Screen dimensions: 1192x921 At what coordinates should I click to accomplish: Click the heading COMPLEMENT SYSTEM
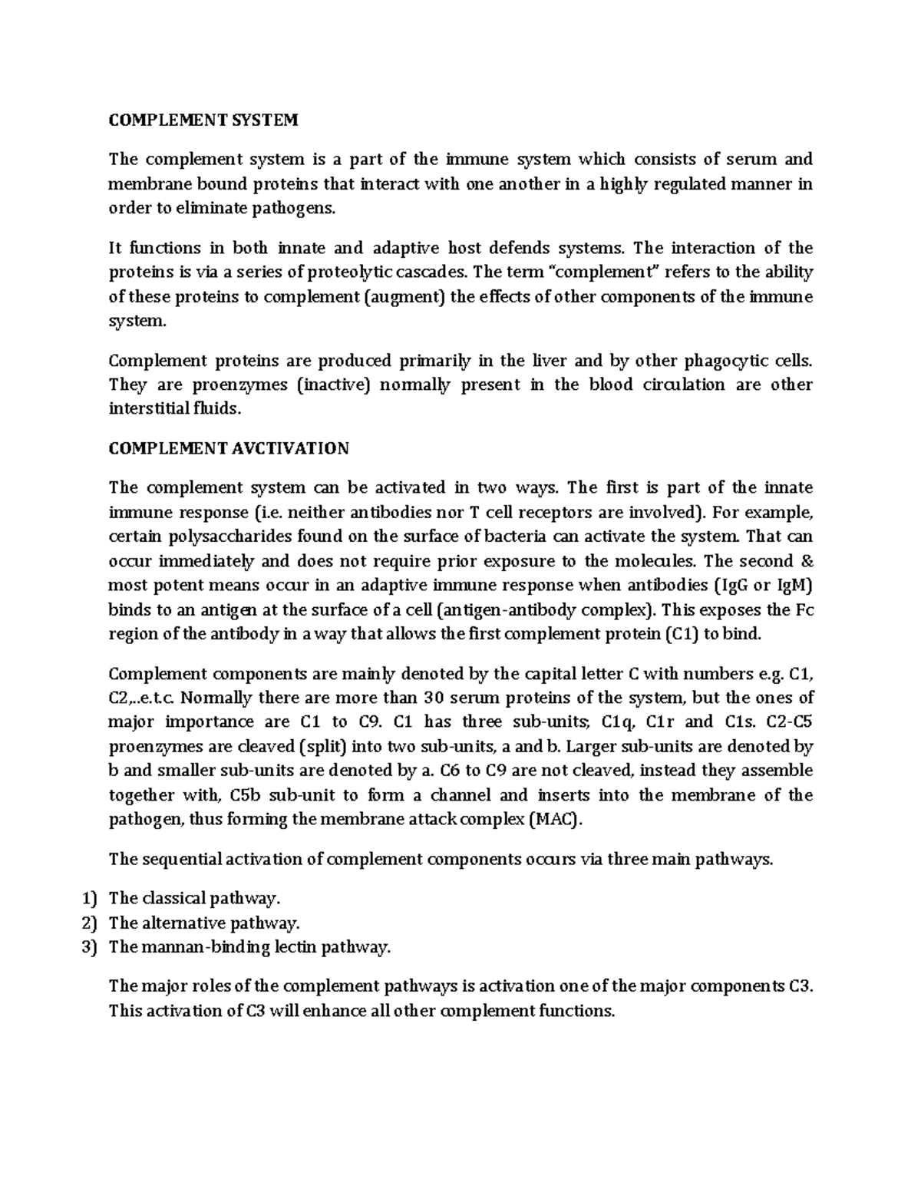point(203,120)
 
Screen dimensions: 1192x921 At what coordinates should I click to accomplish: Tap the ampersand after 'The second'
point(804,560)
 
